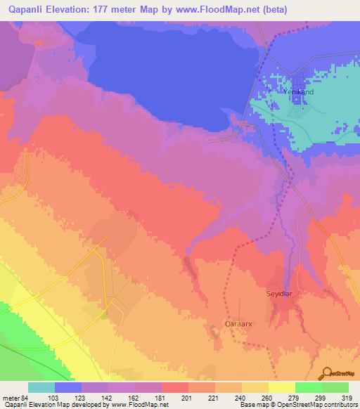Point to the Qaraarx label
pos(238,325)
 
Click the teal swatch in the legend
pos(41,387)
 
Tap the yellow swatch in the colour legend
pos(282,387)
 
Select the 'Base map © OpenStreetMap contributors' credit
pos(297,404)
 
